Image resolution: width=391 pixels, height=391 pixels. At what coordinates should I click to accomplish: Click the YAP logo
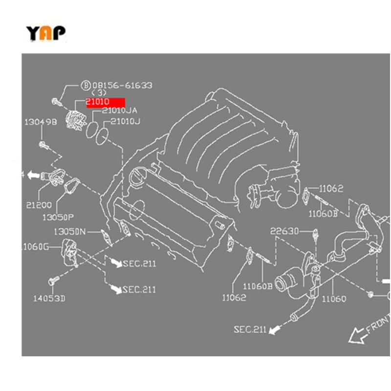coord(45,33)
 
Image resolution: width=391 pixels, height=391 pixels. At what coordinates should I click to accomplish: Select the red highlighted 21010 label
coord(106,102)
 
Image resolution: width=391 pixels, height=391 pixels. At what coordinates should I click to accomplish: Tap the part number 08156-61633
coord(122,86)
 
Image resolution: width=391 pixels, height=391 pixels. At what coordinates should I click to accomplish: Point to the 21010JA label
coord(120,111)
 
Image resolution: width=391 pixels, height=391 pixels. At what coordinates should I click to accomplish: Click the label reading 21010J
coord(125,122)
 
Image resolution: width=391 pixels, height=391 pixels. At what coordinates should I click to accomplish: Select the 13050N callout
coord(69,231)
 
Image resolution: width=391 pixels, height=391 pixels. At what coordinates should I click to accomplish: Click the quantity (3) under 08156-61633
coord(99,93)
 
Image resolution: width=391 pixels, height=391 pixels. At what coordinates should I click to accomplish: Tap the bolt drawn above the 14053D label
coord(53,281)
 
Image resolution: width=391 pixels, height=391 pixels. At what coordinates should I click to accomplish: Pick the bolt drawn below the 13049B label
coord(43,144)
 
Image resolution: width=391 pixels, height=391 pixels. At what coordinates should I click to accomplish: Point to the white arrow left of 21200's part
coord(33,174)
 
